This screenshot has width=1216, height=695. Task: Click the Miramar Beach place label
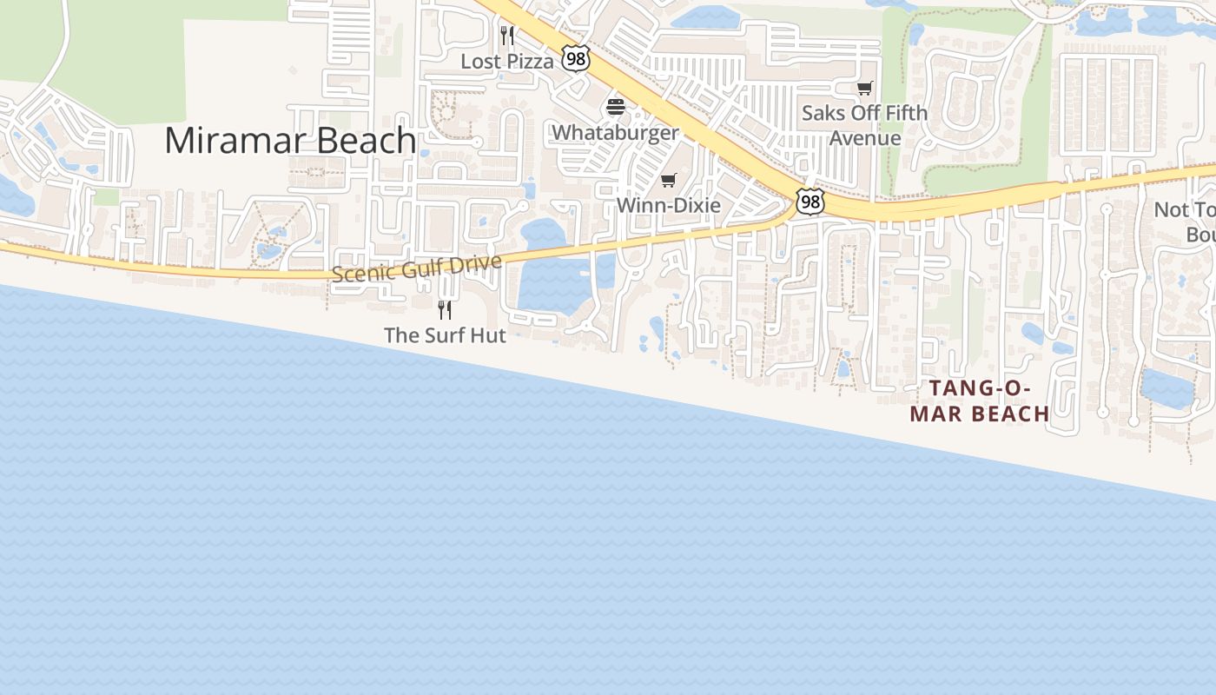[x=290, y=141]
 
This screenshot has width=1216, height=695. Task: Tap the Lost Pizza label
[x=506, y=62]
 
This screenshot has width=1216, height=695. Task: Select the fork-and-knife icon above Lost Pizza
[x=507, y=36]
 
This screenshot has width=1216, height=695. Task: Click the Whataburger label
[x=615, y=133]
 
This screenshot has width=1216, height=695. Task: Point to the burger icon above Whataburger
[x=616, y=108]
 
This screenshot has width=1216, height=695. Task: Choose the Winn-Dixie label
[x=668, y=205]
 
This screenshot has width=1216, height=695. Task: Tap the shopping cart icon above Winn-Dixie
[x=668, y=181]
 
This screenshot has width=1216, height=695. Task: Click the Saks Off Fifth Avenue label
[x=864, y=125]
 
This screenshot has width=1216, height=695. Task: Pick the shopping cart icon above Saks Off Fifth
[x=864, y=89]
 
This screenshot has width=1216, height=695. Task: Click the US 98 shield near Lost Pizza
[x=575, y=58]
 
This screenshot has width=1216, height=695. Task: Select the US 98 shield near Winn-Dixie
[x=810, y=202]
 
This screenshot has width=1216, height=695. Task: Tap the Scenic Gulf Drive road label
[x=417, y=268]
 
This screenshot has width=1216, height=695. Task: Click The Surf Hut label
[x=445, y=335]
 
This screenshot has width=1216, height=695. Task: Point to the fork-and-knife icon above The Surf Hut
[x=445, y=310]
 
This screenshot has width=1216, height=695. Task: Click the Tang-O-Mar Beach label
[x=980, y=400]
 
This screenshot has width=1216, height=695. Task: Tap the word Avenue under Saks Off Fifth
[x=864, y=138]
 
